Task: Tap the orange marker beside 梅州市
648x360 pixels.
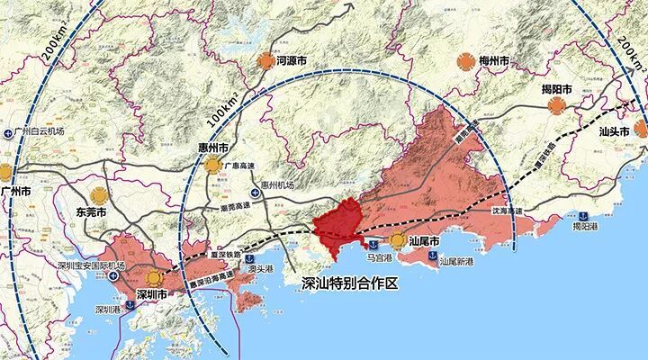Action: click(465, 61)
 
